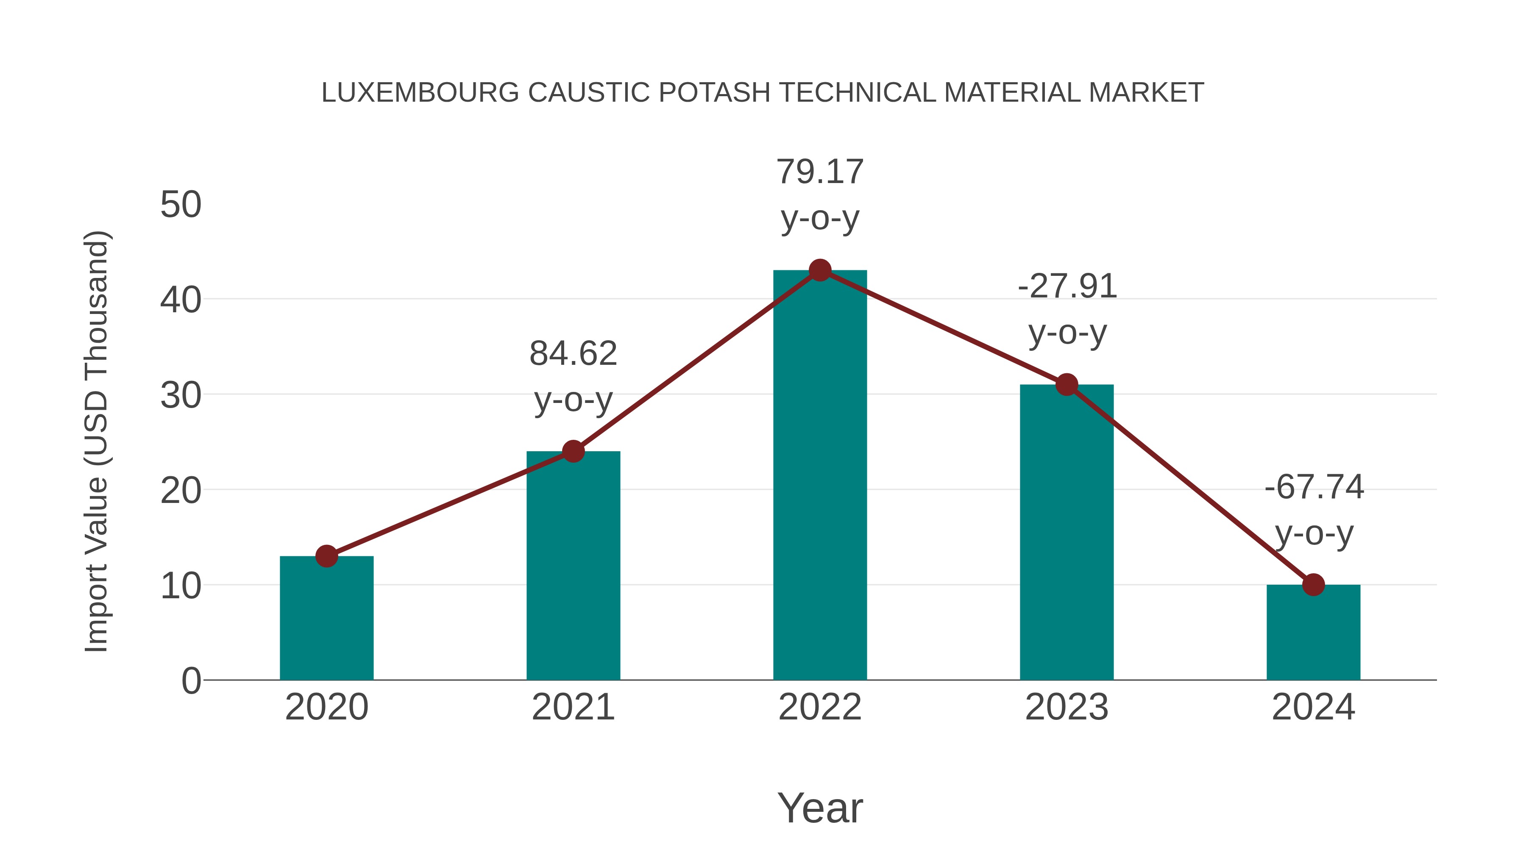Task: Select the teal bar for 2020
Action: point(326,619)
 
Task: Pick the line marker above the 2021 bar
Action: point(573,452)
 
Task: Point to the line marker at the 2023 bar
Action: point(1067,385)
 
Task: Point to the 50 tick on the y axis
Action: point(181,205)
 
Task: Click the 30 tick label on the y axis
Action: point(181,396)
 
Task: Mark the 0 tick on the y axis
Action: point(191,681)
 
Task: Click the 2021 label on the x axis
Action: point(573,707)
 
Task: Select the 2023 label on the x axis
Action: point(1067,707)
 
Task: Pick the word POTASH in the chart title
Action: point(714,93)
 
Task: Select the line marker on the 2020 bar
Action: point(326,556)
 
